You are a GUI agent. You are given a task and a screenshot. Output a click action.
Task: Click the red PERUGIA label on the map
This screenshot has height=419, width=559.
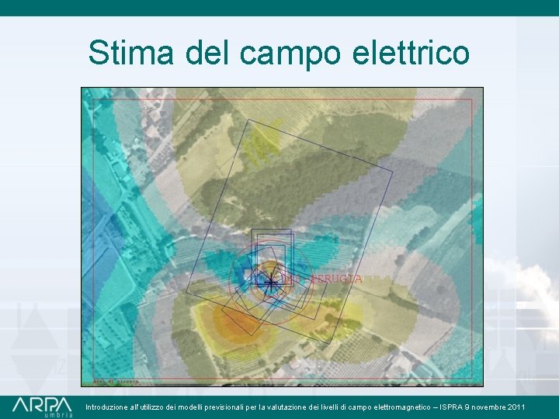335,278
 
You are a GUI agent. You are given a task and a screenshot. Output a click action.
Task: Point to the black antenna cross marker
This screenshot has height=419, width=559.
269,282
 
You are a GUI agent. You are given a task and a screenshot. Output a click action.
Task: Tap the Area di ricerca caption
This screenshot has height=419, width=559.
116,382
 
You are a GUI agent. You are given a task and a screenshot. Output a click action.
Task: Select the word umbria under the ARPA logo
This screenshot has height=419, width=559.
57,415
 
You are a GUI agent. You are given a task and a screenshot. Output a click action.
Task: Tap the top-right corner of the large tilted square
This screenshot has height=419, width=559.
393,170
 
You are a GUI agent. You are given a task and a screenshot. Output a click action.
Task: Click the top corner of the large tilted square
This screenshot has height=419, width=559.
248,120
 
